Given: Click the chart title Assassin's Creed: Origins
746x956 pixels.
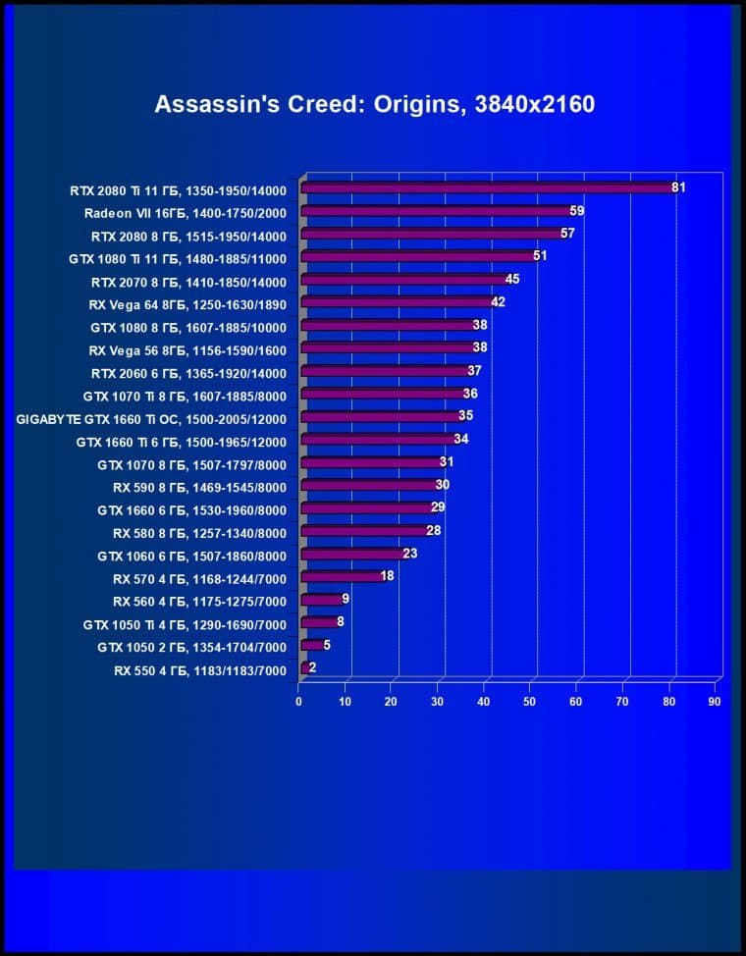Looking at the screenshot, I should coord(374,104).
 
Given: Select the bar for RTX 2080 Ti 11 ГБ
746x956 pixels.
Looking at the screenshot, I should coord(487,187).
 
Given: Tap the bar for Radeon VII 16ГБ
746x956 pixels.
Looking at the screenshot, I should coord(436,211).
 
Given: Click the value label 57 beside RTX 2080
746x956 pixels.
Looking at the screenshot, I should coord(567,234).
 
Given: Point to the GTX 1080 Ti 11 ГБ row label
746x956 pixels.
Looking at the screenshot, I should coord(177,258).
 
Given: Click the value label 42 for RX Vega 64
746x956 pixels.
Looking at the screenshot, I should coord(498,302).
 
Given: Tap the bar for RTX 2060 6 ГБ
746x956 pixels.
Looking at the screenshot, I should coord(385,372).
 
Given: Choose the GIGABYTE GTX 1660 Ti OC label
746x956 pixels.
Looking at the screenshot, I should coord(152,418).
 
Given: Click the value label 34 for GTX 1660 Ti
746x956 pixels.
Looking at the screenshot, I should coord(461,439).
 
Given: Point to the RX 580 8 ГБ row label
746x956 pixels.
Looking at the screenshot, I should coord(200,533).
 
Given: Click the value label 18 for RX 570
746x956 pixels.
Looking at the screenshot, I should coord(387,576).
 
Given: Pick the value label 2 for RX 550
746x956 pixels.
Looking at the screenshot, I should coord(312,667).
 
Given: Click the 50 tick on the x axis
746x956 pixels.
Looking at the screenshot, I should coord(530,703).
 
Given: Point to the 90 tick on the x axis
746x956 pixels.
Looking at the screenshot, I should coord(715,703).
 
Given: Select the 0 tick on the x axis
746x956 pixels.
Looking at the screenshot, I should coord(299,703).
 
